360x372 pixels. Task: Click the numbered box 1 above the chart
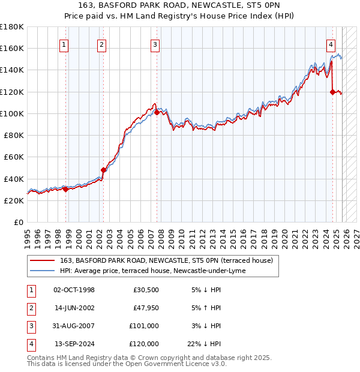tap(64, 44)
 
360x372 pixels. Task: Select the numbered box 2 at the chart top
tap(102, 44)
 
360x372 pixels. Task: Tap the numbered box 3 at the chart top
tap(155, 44)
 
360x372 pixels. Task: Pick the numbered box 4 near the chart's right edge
tap(331, 44)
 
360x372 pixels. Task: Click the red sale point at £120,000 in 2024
tap(332, 92)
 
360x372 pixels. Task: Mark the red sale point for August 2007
tap(157, 112)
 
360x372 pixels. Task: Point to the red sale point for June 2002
tap(103, 170)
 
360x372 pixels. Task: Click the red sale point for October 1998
tap(65, 189)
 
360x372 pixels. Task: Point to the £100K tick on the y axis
tap(12, 113)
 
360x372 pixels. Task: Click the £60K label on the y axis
tap(14, 157)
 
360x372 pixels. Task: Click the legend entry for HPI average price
tap(153, 271)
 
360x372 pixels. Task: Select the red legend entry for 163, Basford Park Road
tap(166, 260)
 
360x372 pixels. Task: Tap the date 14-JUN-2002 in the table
tap(74, 308)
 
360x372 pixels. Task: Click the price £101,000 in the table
tap(144, 326)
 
